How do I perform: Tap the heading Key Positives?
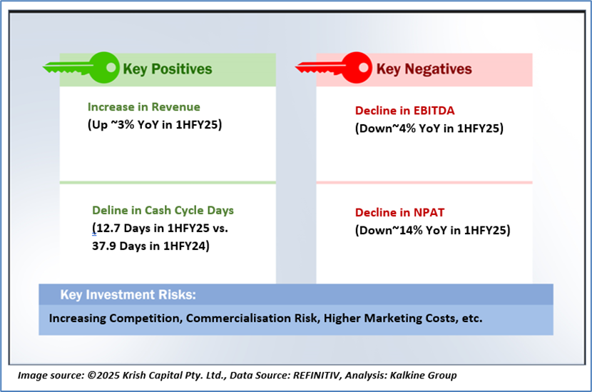pyautogui.click(x=168, y=69)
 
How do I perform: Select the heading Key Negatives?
pyautogui.click(x=424, y=69)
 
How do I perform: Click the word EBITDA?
pyautogui.click(x=434, y=111)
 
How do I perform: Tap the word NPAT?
pyautogui.click(x=429, y=213)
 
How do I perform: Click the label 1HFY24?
pyautogui.click(x=184, y=246)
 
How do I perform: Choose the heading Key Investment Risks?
pyautogui.click(x=128, y=294)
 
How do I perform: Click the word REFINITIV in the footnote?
pyautogui.click(x=317, y=375)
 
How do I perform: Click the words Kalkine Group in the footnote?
pyautogui.click(x=423, y=375)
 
